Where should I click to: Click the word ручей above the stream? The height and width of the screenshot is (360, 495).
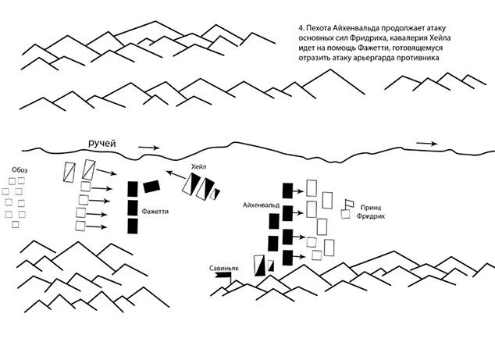click(101, 144)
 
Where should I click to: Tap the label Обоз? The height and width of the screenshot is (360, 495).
click(20, 170)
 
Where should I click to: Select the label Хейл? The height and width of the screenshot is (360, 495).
click(198, 167)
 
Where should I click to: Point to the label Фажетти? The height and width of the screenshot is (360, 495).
click(155, 212)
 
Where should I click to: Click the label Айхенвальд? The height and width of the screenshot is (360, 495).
click(261, 205)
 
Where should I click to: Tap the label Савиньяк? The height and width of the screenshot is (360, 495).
click(224, 269)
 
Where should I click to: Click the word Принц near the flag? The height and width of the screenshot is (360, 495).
click(371, 208)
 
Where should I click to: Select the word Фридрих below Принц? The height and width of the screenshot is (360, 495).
click(371, 216)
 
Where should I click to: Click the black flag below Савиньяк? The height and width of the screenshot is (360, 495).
click(223, 278)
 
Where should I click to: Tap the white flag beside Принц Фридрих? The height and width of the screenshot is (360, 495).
click(349, 204)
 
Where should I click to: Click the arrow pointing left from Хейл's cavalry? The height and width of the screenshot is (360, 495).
click(176, 175)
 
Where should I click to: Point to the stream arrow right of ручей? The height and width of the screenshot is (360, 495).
click(149, 148)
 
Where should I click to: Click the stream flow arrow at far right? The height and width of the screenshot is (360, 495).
click(427, 144)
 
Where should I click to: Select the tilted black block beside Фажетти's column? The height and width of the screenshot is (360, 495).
click(151, 187)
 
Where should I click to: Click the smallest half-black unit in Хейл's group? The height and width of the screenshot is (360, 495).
click(215, 194)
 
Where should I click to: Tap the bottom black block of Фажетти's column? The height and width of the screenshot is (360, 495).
click(133, 226)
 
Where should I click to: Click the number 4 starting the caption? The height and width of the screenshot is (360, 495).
click(301, 28)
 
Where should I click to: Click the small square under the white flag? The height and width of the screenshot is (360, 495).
click(345, 215)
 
